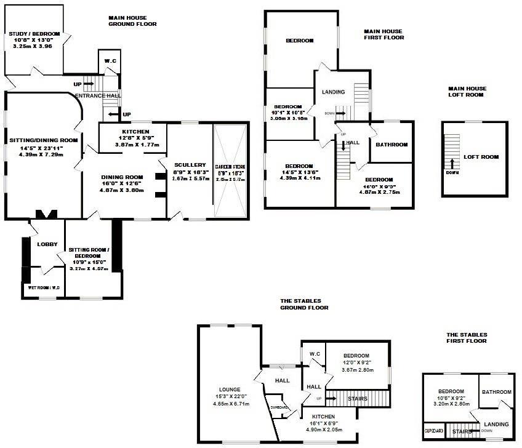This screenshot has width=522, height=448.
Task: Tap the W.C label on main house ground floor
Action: click(x=110, y=60)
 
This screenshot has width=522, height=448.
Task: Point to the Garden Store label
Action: click(x=230, y=167)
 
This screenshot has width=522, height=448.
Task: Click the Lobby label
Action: click(x=47, y=244)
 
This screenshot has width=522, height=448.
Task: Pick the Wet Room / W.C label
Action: click(x=41, y=287)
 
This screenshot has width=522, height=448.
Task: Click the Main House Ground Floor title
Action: click(x=132, y=21)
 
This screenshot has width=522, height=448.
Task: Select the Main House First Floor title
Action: click(x=383, y=34)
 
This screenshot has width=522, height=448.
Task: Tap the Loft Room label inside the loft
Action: click(x=481, y=157)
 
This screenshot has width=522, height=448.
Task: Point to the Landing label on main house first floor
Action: click(x=333, y=92)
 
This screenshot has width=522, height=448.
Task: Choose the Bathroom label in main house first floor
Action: click(x=392, y=145)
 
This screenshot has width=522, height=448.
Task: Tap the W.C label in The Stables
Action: click(x=315, y=354)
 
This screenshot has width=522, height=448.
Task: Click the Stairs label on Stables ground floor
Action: click(x=357, y=399)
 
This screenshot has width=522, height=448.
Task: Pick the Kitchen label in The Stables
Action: click(x=327, y=416)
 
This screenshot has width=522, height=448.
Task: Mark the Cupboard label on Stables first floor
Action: click(x=433, y=431)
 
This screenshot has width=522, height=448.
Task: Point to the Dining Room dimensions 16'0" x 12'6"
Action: click(x=122, y=184)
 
